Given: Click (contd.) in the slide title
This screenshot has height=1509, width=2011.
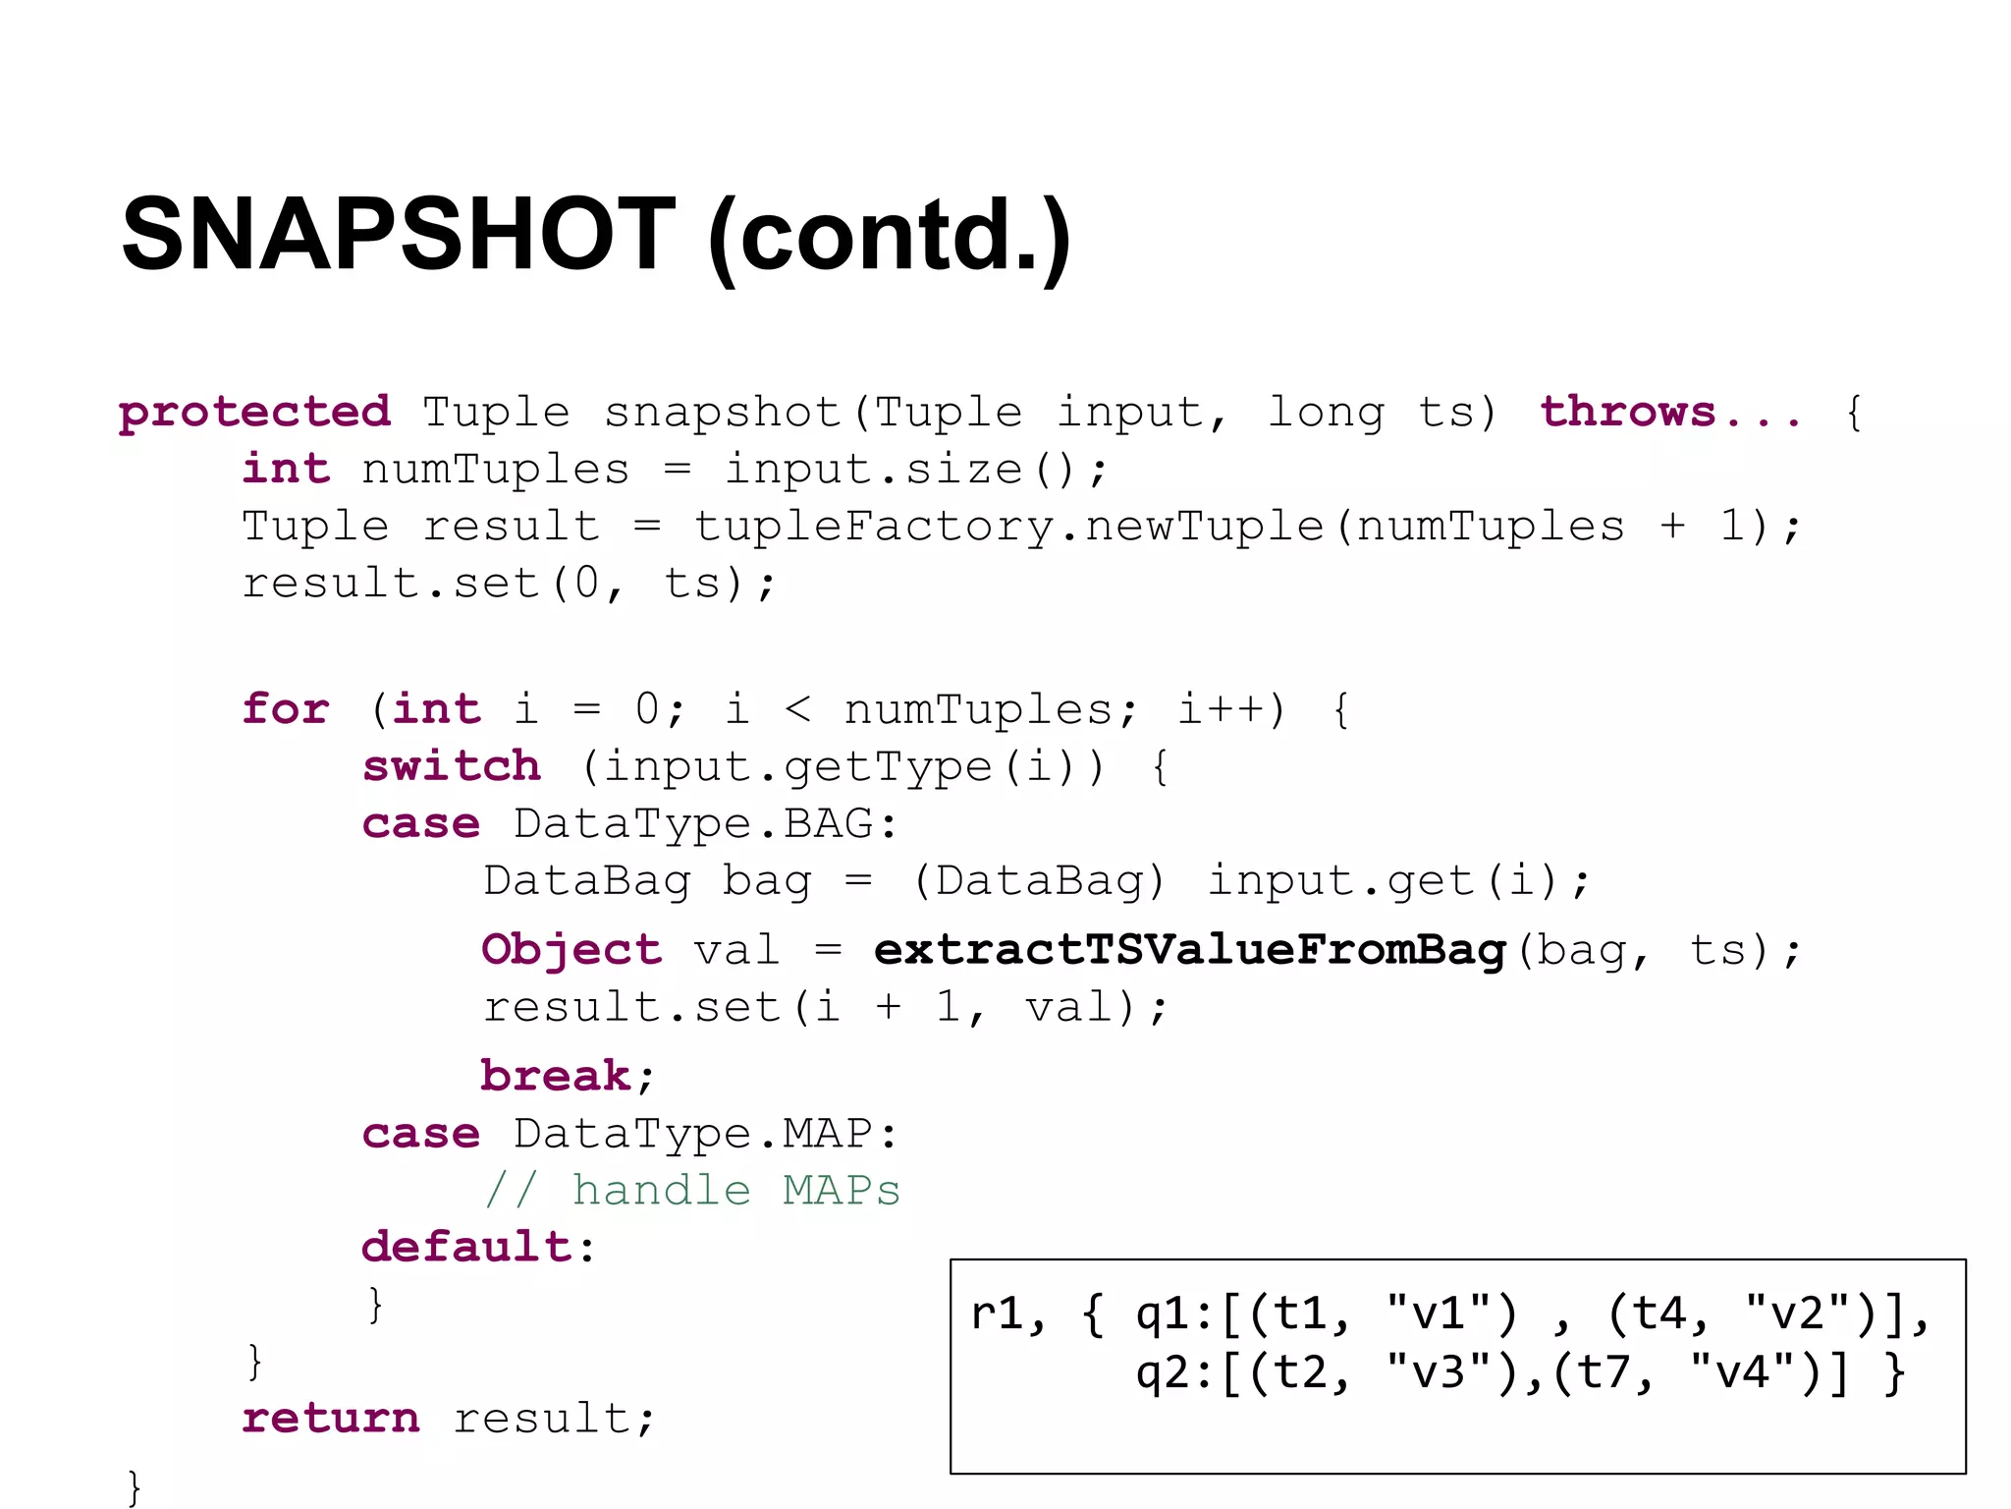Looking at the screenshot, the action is [889, 236].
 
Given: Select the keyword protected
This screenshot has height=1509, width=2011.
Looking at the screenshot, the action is [254, 412].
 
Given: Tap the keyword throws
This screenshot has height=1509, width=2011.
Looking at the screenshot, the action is [1627, 412].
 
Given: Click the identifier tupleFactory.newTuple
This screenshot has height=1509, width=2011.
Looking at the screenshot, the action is [1008, 526].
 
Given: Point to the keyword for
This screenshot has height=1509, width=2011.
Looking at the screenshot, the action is [286, 708].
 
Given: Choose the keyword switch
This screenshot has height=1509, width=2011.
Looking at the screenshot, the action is [452, 765].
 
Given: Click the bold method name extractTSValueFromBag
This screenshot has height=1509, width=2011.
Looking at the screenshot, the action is [1189, 950].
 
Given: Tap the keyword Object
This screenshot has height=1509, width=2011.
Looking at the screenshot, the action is [571, 950].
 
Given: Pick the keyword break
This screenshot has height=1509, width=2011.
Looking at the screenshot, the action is [556, 1076].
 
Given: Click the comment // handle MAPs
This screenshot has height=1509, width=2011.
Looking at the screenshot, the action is [692, 1191].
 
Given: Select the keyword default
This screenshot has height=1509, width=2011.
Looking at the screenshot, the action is [466, 1247].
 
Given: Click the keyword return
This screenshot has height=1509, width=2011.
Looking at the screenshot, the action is [331, 1418].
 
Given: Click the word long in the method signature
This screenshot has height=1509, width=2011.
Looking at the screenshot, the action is [1326, 412].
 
